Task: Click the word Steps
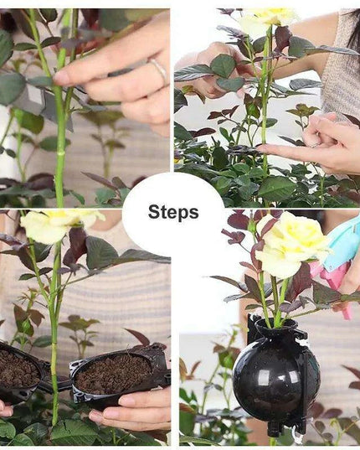point(173,212)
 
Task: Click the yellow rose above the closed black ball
point(291,244)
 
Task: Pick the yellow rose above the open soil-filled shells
point(62,224)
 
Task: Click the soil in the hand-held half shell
point(113,374)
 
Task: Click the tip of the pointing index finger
point(259,148)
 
